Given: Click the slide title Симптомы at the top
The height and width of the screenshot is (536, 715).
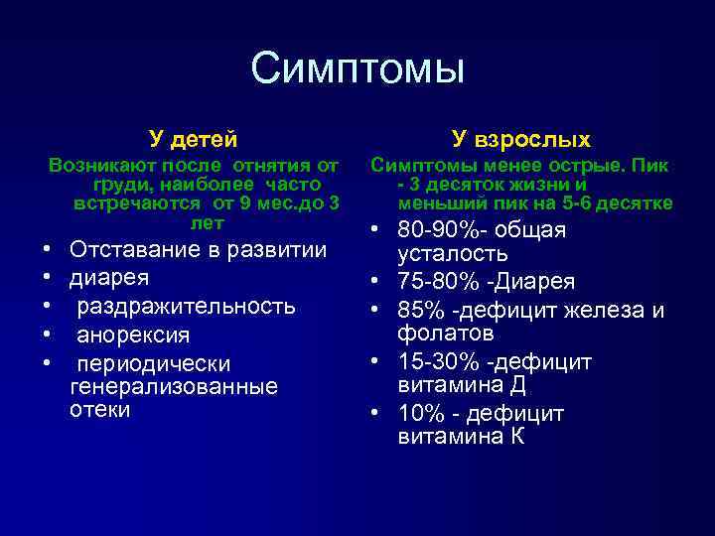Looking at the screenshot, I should click(x=357, y=68).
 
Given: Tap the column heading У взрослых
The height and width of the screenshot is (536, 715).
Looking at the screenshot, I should click(x=520, y=138).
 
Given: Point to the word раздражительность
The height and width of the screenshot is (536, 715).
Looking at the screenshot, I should click(x=186, y=306).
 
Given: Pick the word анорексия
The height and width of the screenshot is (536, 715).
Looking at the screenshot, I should click(x=133, y=335).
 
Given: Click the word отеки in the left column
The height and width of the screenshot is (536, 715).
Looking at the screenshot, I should click(x=100, y=409).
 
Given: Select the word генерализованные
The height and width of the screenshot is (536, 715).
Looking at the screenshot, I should click(x=174, y=386).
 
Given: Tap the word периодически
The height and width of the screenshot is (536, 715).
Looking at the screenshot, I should click(x=154, y=363).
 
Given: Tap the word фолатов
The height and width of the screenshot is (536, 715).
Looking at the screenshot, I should click(x=446, y=333).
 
